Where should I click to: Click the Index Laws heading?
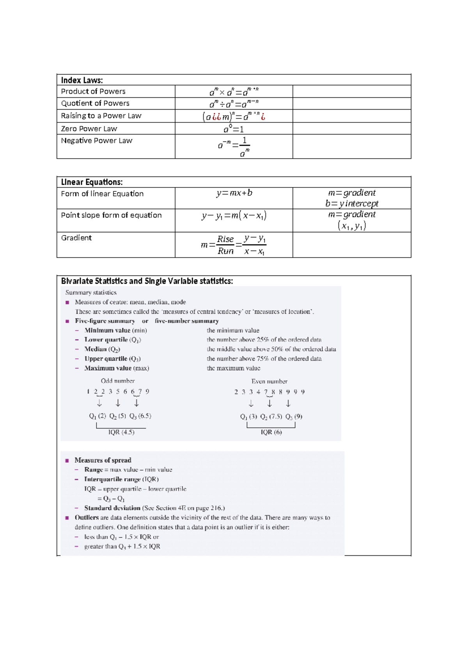[82, 80]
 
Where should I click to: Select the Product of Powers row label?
[93, 92]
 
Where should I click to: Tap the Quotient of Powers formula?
[234, 104]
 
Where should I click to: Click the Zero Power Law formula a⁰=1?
[234, 129]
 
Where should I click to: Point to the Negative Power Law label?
[97, 141]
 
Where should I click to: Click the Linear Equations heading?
[92, 182]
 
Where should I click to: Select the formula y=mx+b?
[234, 193]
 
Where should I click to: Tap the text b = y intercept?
[352, 203]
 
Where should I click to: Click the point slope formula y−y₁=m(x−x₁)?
[234, 216]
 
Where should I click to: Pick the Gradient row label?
[76, 238]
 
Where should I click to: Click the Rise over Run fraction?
[225, 245]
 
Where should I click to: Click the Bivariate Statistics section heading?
[147, 281]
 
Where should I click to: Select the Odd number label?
[118, 381]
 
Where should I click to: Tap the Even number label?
[269, 382]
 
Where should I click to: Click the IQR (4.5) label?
[121, 432]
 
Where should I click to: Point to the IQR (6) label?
[271, 432]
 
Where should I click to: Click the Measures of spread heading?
[103, 460]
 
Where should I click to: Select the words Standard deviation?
[112, 508]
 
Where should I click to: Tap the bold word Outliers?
[87, 518]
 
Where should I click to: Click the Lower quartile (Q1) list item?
[113, 340]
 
